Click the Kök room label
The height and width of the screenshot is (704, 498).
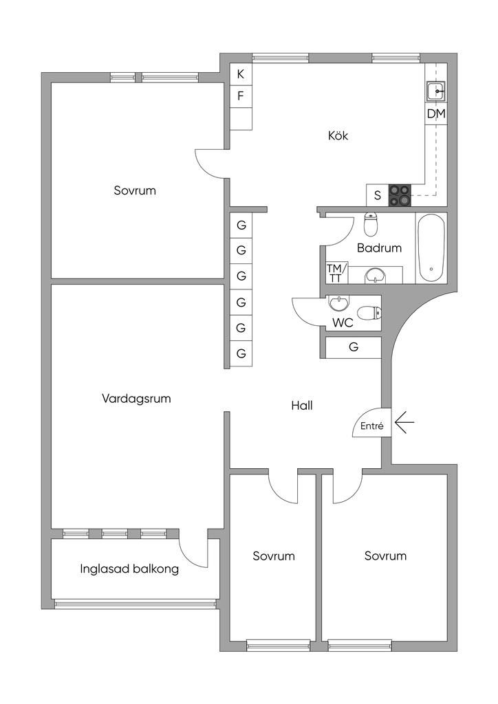338,135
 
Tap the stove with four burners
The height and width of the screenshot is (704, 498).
400,195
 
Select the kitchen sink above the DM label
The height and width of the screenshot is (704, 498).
435,91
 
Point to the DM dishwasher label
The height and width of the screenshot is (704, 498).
436,113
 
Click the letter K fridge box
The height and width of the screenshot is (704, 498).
241,74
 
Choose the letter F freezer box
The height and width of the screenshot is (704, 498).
241,96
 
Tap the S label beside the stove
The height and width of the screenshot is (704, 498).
378,195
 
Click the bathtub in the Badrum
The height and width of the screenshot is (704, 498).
431,247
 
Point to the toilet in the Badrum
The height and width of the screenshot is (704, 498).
371,225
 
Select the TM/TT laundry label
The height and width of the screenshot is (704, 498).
336,273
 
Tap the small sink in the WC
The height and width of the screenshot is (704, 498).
338,303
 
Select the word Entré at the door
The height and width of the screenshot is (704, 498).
371,426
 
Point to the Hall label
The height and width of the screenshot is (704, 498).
301,406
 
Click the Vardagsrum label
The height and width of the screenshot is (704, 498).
136,398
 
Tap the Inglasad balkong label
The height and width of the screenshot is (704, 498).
129,569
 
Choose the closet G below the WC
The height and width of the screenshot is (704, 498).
354,347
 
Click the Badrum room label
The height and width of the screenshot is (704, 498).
379,247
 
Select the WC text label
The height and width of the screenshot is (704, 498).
343,322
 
